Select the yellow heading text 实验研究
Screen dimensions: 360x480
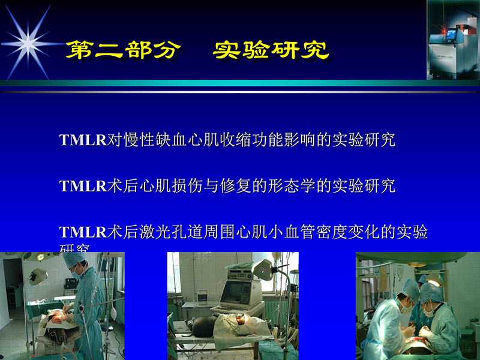(x=271, y=50)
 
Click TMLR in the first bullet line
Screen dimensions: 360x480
(x=83, y=140)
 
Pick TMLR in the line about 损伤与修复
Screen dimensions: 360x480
(x=83, y=186)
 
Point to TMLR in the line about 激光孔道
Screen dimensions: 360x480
(x=83, y=232)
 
